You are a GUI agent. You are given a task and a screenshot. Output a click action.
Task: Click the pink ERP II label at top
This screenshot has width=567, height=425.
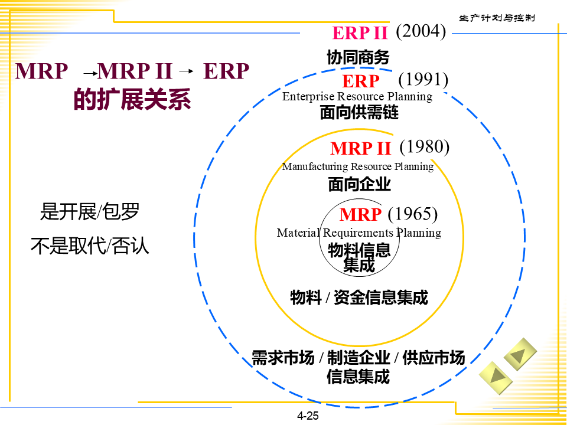tap(360, 33)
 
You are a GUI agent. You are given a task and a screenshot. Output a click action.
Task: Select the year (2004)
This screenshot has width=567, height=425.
tap(420, 31)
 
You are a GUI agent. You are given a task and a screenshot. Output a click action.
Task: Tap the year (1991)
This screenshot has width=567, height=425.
tap(423, 79)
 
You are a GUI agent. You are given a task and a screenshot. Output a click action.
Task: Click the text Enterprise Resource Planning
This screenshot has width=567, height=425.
tap(357, 96)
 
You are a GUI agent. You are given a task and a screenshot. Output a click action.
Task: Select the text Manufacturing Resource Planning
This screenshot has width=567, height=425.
tap(357, 166)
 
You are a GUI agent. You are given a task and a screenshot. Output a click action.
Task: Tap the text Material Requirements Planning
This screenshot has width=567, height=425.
tap(359, 233)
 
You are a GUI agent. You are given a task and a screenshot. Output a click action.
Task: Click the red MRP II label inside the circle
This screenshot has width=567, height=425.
tap(360, 148)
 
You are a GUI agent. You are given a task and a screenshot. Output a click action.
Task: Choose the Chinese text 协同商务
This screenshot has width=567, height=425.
tap(358, 57)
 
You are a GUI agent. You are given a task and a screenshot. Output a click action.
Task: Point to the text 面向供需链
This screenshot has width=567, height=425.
tap(359, 112)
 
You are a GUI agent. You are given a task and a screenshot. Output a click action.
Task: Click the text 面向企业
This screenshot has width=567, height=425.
tap(359, 185)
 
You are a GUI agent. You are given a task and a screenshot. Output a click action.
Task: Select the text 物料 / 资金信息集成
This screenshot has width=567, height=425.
tap(359, 297)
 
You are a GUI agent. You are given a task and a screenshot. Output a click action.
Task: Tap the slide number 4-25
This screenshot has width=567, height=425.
tap(308, 416)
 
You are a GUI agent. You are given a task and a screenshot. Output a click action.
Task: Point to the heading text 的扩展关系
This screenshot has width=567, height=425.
tap(132, 100)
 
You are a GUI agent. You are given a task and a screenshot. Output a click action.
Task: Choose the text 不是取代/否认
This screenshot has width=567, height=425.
tap(90, 245)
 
